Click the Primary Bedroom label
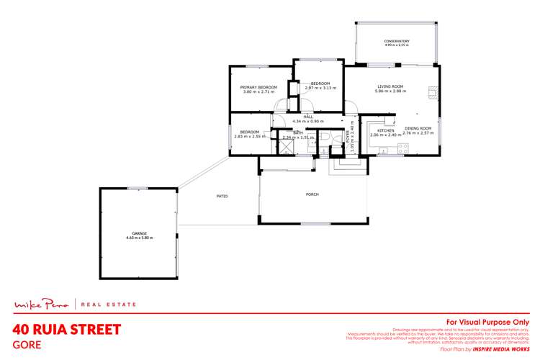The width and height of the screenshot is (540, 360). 257,87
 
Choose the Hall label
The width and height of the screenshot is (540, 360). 307,116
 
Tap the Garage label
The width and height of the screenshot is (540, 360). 139,233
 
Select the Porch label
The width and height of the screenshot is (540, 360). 312,194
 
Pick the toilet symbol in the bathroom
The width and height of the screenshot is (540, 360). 325,138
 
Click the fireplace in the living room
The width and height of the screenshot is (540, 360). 433,92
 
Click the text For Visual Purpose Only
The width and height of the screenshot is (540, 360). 488,322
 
